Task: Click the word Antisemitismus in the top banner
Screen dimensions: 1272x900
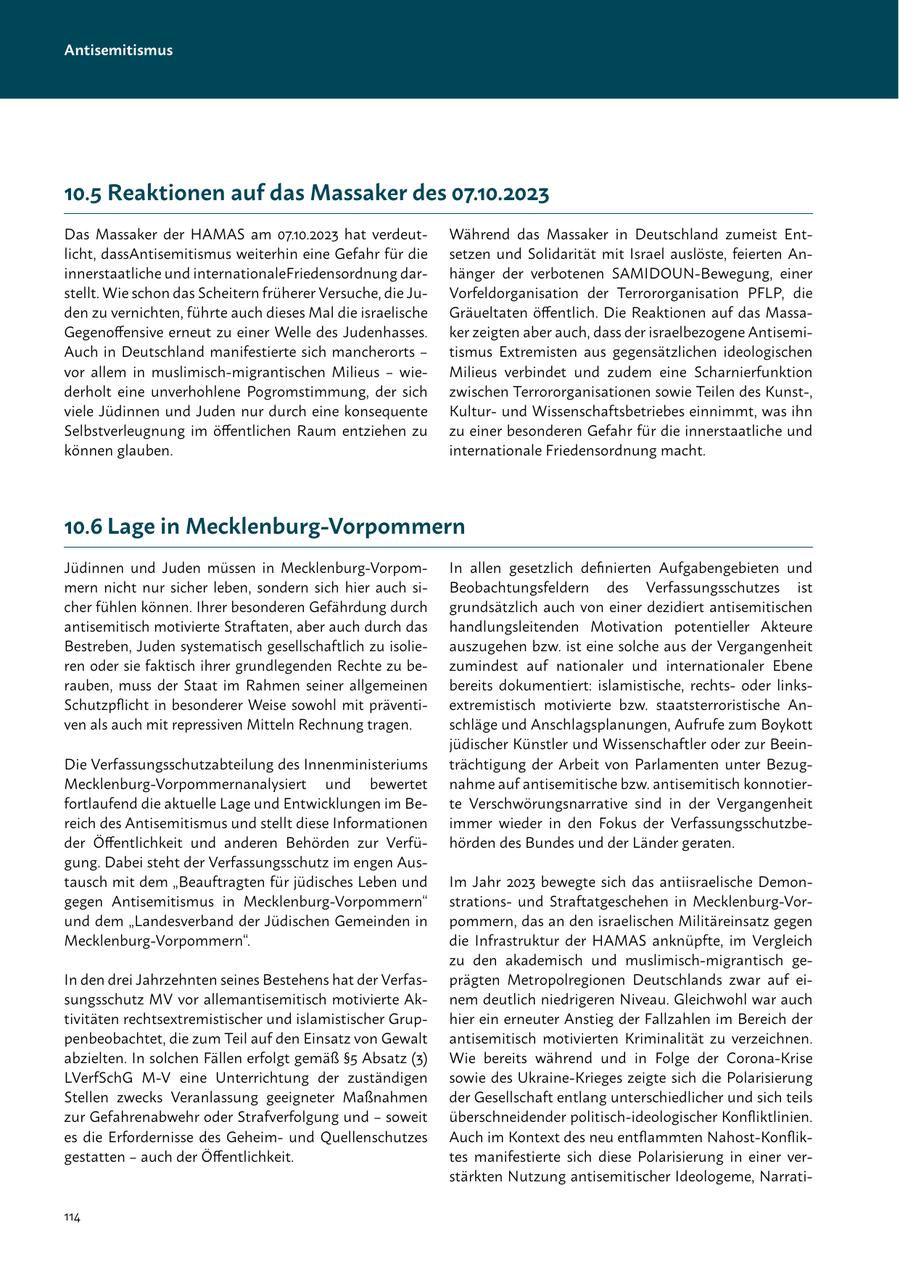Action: (118, 50)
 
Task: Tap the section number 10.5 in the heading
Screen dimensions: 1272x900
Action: (83, 192)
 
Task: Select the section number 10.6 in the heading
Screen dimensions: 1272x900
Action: (83, 526)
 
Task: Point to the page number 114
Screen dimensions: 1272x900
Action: (72, 1217)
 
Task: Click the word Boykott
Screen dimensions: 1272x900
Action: (784, 724)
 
